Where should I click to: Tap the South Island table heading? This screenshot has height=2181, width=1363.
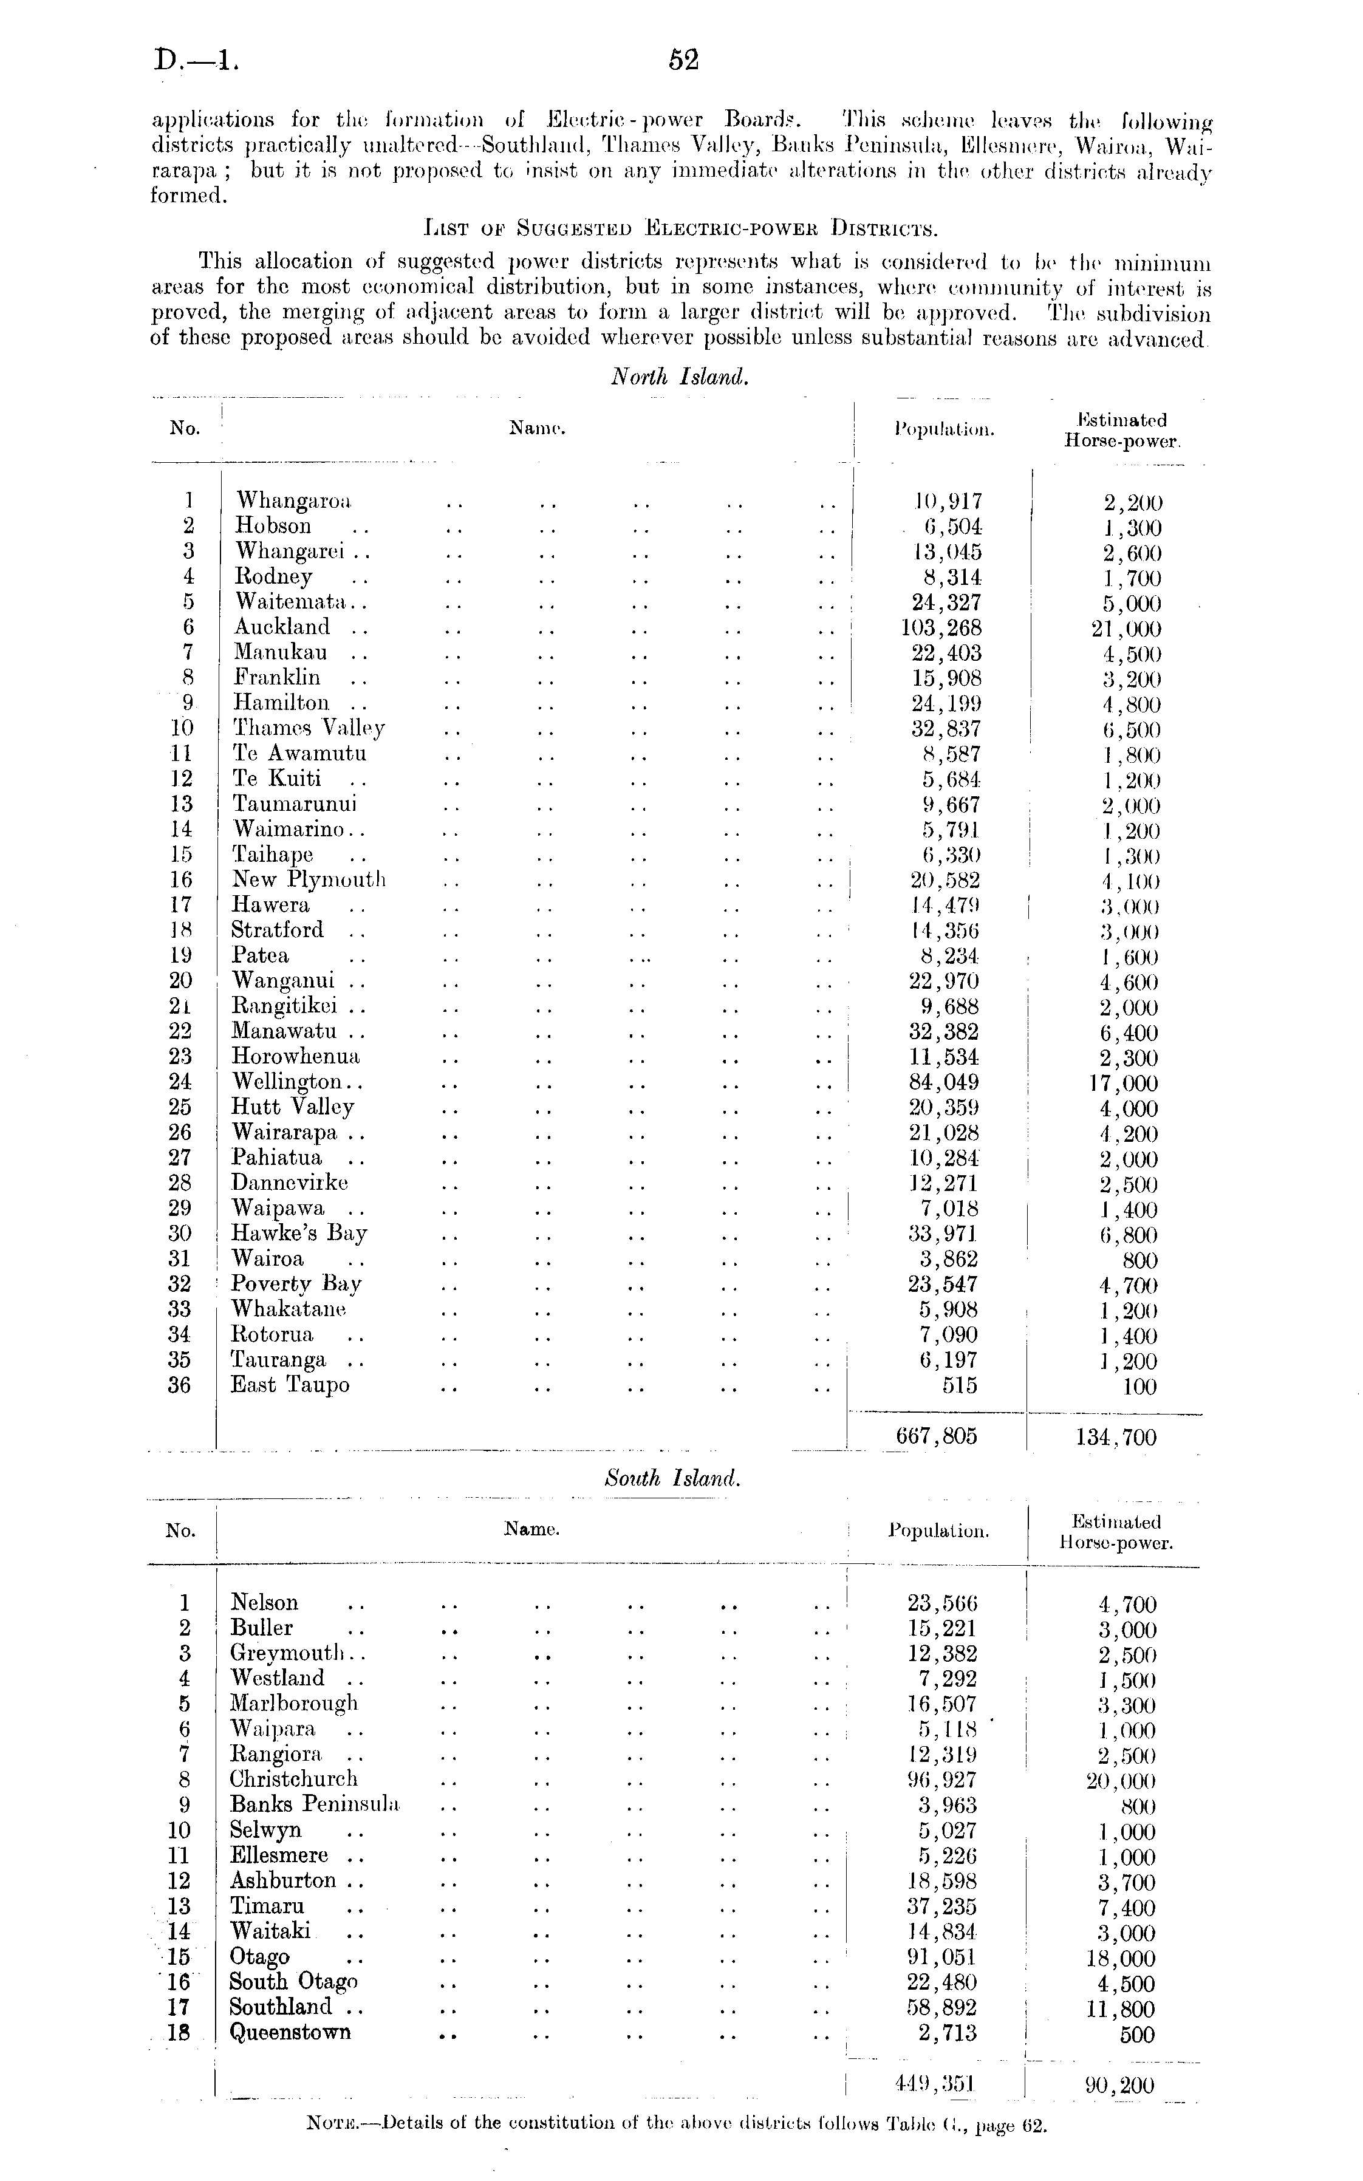(x=672, y=1478)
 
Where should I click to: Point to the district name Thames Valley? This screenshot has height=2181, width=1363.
(x=309, y=728)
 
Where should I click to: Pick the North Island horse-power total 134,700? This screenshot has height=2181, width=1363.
(x=1115, y=1438)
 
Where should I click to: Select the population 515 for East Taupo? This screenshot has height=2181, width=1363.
(x=959, y=1385)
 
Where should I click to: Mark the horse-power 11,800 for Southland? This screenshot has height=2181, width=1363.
(x=1121, y=2009)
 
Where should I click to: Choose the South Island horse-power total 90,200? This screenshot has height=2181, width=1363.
(x=1115, y=2086)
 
